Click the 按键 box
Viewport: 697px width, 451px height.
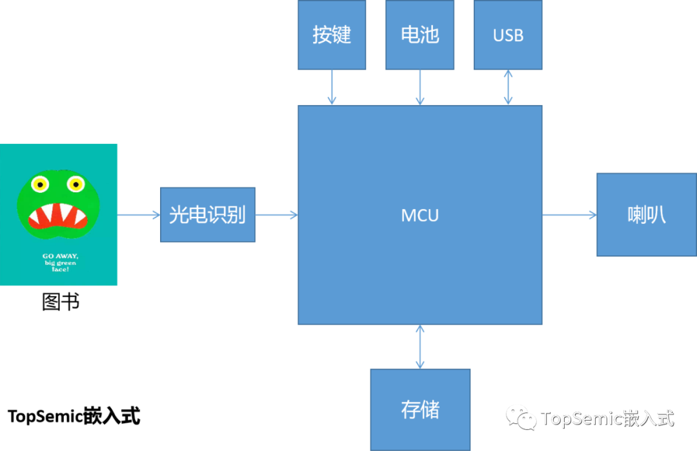click(x=332, y=35)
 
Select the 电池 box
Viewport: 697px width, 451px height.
click(x=419, y=35)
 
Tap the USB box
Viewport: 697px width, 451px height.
click(x=508, y=35)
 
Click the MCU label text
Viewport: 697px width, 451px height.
click(x=420, y=215)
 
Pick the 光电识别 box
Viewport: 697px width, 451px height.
click(x=208, y=215)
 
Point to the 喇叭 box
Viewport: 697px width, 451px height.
click(x=646, y=215)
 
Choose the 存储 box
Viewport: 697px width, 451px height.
click(x=420, y=410)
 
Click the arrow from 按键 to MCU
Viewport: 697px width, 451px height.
click(x=332, y=87)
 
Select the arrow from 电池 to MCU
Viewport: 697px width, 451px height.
click(x=420, y=87)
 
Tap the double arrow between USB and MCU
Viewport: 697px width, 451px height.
click(x=509, y=87)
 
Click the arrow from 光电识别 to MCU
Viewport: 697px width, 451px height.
click(x=276, y=215)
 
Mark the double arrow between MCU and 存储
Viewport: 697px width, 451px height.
click(x=420, y=346)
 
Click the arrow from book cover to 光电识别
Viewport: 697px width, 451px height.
click(x=139, y=215)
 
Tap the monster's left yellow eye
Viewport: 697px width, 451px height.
click(x=40, y=185)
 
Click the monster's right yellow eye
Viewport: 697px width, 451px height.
click(x=76, y=185)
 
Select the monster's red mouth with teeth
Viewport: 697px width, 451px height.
click(x=59, y=216)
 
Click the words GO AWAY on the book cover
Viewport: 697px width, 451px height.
click(x=60, y=256)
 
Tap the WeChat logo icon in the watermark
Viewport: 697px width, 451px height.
click(x=521, y=417)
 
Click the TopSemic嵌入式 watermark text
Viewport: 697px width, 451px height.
click(x=607, y=418)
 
